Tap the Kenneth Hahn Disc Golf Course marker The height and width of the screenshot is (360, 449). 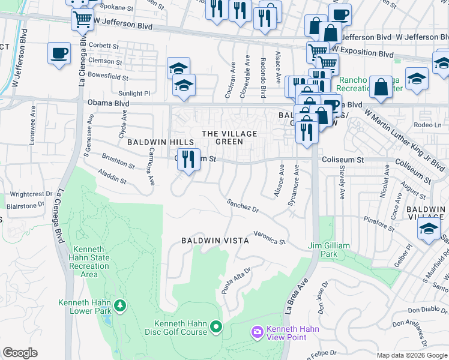pos(216,328)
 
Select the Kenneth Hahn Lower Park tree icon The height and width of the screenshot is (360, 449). pos(121,306)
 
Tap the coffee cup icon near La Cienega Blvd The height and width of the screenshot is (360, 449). pos(59,52)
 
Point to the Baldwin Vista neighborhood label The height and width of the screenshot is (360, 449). pos(215,241)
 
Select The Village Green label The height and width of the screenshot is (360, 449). pos(229,138)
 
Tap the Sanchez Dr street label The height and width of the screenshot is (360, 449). pos(243,206)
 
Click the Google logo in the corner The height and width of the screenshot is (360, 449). pos(20,353)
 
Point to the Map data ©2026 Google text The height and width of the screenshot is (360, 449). pos(412,355)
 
